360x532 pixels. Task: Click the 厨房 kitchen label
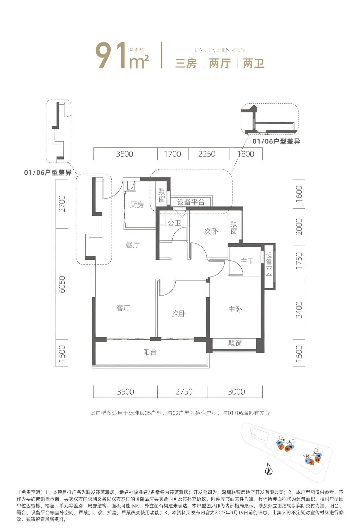(137, 204)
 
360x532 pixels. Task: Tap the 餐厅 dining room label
(132, 245)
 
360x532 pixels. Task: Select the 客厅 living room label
(123, 308)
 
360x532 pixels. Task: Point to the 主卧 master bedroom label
(235, 309)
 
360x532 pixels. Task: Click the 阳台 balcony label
(150, 352)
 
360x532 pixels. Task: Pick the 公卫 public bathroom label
(174, 223)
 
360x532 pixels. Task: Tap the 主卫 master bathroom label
(247, 261)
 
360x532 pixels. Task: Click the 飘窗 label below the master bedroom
(235, 344)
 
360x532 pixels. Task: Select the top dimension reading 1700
(173, 154)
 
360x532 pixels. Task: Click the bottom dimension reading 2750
(184, 392)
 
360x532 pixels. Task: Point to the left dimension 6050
(62, 284)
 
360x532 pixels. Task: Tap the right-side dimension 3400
(299, 310)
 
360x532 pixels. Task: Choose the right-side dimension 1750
(299, 261)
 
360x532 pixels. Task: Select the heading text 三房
(186, 63)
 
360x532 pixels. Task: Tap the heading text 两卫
(254, 63)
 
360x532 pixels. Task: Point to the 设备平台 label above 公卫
(191, 202)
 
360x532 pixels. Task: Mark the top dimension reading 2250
(207, 154)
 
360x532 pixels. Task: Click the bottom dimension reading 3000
(236, 392)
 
